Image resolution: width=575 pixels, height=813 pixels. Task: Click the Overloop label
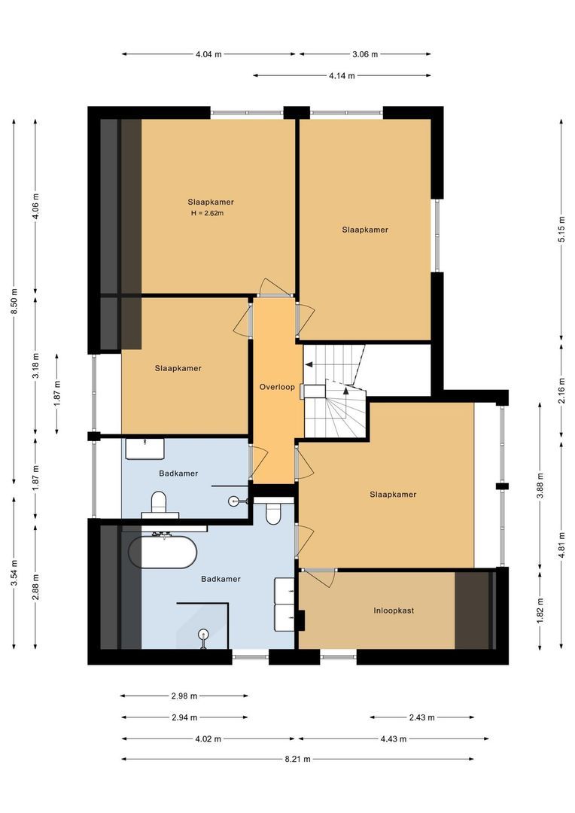point(277,387)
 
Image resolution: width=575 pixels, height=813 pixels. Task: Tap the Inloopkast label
point(394,611)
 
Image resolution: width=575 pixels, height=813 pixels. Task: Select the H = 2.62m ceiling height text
point(208,213)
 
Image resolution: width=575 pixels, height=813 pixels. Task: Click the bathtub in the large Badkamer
point(163,553)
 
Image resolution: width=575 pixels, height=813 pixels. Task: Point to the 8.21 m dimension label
point(297,759)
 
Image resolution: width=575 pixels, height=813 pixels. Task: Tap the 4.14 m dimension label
point(342,75)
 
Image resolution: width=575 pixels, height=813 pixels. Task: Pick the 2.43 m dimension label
point(421,717)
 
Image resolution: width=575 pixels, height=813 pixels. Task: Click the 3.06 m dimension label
point(364,54)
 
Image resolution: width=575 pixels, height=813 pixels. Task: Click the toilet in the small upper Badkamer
point(159,503)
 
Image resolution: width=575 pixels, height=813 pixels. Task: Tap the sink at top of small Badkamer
point(145,449)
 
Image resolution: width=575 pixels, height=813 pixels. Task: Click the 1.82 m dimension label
point(540,611)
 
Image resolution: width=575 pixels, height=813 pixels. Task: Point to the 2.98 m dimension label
point(184,696)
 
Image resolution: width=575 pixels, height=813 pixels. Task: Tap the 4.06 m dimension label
point(36,206)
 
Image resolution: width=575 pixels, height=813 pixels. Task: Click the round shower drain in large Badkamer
point(203,633)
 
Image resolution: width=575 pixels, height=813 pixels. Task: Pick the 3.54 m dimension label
point(14,573)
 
